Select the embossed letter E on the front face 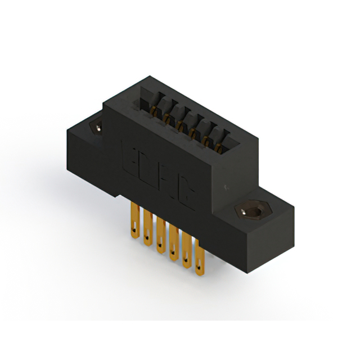[128, 153]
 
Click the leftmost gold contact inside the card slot [154, 109]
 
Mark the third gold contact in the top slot [179, 124]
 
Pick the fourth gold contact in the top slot [192, 132]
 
